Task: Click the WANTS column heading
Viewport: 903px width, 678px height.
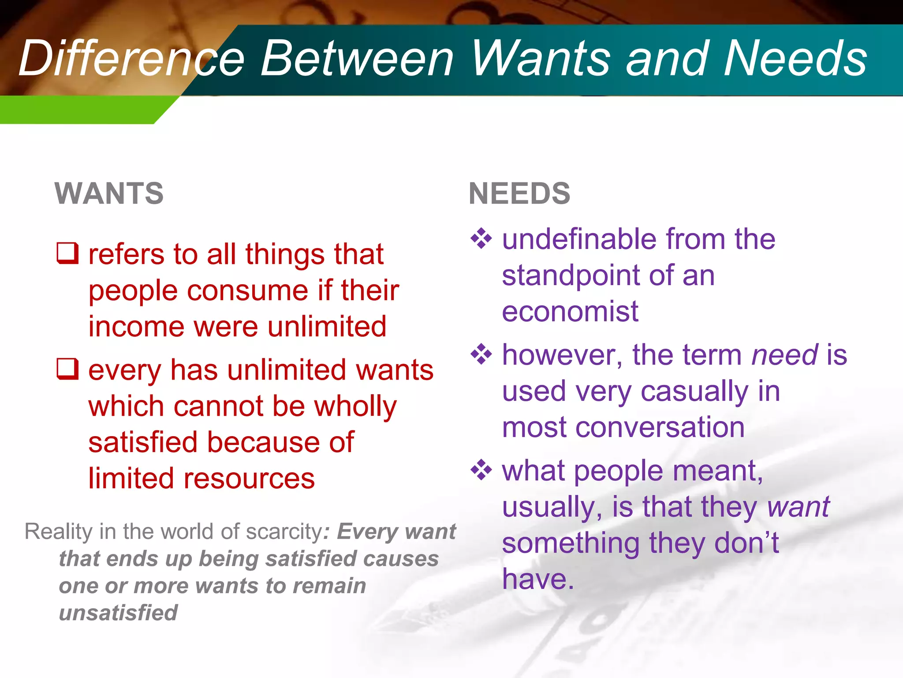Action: pyautogui.click(x=109, y=193)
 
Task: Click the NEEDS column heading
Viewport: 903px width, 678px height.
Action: pyautogui.click(x=519, y=193)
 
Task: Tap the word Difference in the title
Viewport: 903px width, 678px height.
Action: pyautogui.click(x=131, y=59)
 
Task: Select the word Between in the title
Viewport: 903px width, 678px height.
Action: pyautogui.click(x=357, y=59)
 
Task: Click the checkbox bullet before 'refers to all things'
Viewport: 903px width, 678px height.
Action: pyautogui.click(x=68, y=253)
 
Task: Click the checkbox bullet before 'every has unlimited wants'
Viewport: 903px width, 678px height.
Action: pyautogui.click(x=68, y=369)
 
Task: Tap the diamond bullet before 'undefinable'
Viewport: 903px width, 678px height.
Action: pyautogui.click(x=481, y=239)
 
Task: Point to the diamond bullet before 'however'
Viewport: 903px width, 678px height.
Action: pyautogui.click(x=481, y=354)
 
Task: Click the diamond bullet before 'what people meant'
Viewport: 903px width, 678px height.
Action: pyautogui.click(x=481, y=470)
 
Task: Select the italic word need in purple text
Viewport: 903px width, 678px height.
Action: pyautogui.click(x=785, y=355)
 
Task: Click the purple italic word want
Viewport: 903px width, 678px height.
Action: pyautogui.click(x=798, y=507)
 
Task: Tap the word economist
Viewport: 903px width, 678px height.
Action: pyautogui.click(x=570, y=312)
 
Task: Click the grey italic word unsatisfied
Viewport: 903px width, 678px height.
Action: pyautogui.click(x=118, y=613)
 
